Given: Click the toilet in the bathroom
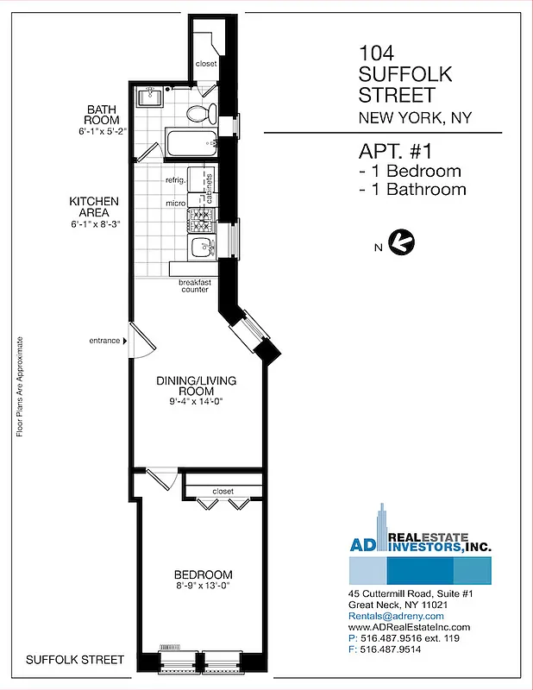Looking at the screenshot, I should (x=196, y=113).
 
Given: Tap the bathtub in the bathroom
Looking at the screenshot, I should (x=190, y=142).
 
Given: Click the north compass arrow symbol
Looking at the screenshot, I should (x=401, y=242).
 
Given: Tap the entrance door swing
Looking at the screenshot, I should (x=139, y=340).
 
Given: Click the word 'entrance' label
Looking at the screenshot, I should (x=103, y=341).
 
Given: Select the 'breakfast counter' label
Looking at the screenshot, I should (x=195, y=286).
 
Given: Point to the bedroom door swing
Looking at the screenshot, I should (x=160, y=480).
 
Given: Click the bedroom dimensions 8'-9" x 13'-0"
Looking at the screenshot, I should (x=204, y=587).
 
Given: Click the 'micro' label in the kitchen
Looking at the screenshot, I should (x=176, y=204).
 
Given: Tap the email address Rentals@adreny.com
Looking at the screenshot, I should (x=396, y=616).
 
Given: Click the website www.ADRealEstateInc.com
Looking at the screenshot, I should (x=410, y=627).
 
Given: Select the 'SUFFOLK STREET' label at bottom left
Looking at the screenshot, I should (x=75, y=660).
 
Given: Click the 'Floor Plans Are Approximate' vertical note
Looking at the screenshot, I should (x=19, y=386).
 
